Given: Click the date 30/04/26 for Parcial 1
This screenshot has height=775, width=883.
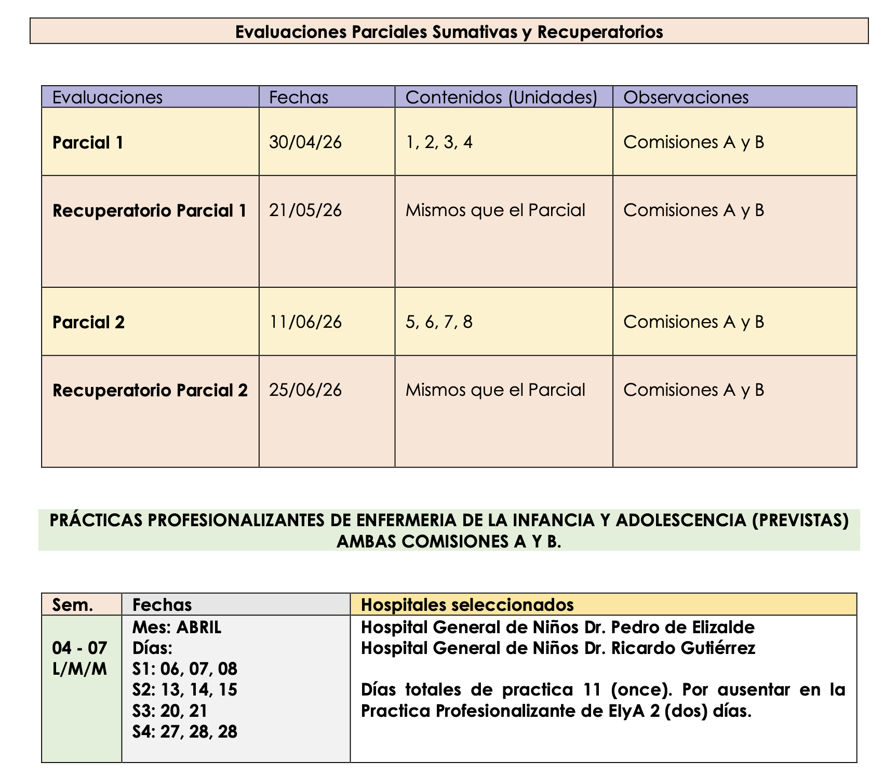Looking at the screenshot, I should (305, 142).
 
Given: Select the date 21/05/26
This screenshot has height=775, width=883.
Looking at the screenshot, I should (305, 210).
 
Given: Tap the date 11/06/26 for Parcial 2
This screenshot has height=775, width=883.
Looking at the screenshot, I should (305, 322).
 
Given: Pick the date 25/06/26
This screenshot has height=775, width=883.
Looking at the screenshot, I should (305, 390).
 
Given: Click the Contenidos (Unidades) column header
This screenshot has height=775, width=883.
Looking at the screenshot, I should (501, 97).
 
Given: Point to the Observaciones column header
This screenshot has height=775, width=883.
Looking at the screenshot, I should (686, 97).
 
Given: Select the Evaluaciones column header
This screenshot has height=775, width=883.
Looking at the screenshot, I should (108, 97).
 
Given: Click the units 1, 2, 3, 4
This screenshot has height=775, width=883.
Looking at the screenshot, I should (439, 142).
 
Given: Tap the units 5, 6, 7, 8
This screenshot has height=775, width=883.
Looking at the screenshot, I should (439, 322).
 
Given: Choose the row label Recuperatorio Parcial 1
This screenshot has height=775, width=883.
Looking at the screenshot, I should (150, 211).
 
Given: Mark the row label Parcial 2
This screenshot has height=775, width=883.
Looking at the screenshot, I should (88, 323).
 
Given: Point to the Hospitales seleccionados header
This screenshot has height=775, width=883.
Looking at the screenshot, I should (467, 605).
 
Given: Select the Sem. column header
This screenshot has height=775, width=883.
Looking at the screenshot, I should (73, 605).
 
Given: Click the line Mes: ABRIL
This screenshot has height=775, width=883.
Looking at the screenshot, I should (177, 627).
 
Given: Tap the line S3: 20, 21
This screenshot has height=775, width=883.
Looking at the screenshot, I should (170, 711).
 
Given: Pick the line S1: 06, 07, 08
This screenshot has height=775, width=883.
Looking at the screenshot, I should (184, 669).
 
